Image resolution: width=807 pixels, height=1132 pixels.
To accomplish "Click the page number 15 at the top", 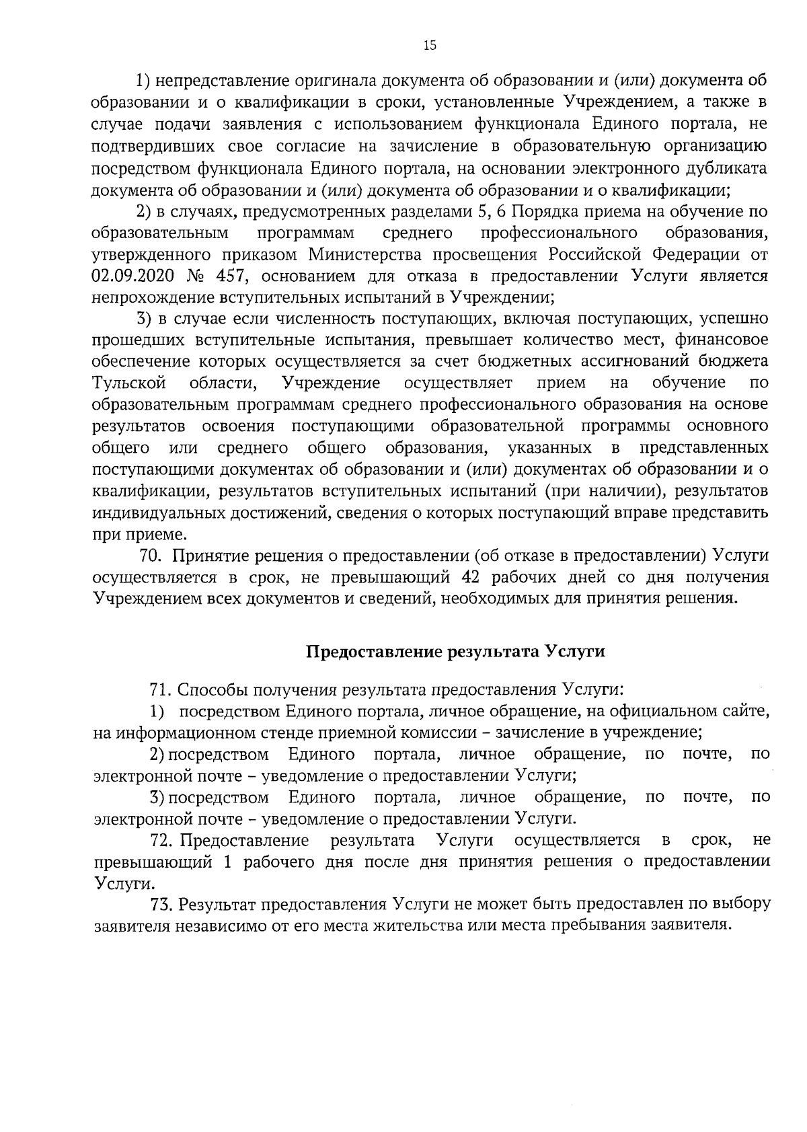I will [430, 45].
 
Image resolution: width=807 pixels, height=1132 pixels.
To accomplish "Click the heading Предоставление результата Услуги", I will [456, 651].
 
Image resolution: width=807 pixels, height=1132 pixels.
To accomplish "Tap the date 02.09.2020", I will [132, 276].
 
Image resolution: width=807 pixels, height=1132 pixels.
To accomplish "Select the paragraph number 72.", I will [161, 840].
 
